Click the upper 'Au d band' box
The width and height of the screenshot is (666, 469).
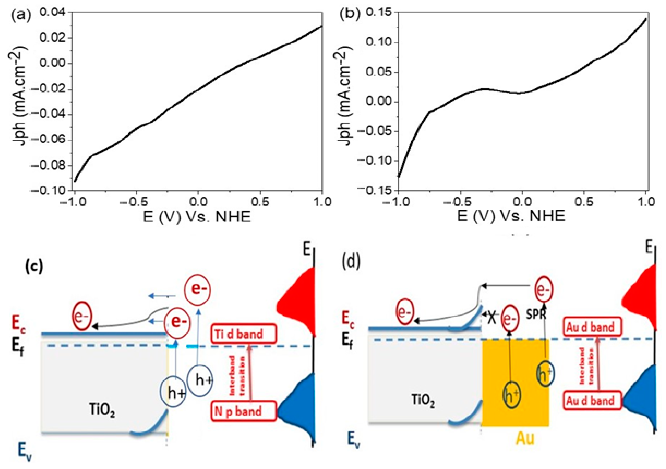[590, 327]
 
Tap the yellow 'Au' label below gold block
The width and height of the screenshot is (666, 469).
[525, 438]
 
